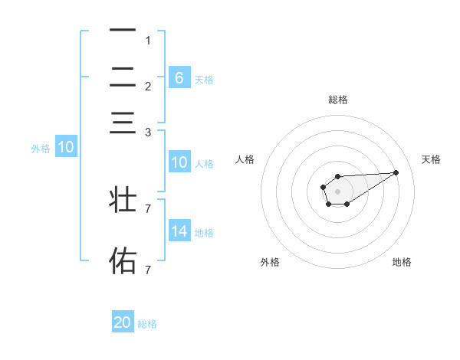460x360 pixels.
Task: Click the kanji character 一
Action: point(123,31)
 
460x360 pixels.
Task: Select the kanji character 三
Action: point(123,123)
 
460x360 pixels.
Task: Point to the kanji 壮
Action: point(123,200)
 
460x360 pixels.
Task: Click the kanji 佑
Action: point(123,260)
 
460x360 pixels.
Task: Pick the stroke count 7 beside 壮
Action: point(148,208)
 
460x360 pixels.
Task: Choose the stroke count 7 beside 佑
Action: point(148,270)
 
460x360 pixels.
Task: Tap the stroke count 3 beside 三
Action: point(148,133)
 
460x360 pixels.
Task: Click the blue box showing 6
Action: point(179,78)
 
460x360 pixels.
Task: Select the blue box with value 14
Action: point(179,231)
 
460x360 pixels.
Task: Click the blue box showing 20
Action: point(123,323)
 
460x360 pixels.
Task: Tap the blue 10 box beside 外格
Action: point(66,148)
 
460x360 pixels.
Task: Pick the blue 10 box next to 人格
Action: point(179,162)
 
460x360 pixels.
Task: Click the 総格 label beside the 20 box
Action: point(147,324)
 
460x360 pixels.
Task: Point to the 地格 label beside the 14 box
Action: point(204,232)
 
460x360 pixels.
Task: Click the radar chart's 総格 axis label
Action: point(338,100)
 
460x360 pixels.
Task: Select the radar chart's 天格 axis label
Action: point(432,159)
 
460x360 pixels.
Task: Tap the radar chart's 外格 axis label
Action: point(270,262)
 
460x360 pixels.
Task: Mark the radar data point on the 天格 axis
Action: point(396,172)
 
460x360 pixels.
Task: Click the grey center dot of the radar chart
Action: point(337,191)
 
